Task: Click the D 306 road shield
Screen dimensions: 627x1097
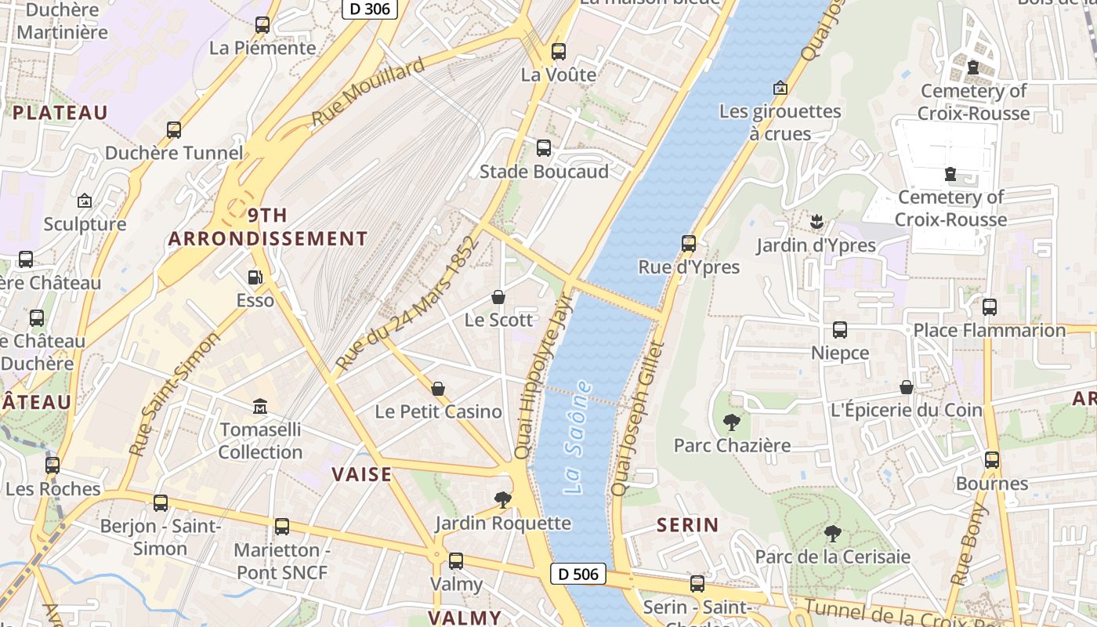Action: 370,9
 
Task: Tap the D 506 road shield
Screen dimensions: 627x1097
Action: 578,574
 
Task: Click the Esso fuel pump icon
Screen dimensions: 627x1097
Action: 255,277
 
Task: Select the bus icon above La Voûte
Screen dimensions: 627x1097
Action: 559,52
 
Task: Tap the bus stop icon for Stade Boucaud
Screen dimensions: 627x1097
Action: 543,148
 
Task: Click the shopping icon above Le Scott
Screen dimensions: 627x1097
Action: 498,297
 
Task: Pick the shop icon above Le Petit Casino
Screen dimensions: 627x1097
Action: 438,389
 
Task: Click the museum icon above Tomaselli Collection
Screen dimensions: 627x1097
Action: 260,407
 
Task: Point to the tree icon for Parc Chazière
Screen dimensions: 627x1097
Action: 732,422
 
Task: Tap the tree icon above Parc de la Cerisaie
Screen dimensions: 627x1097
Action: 832,535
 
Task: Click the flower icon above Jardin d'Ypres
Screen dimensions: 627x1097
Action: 816,222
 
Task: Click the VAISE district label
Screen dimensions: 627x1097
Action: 361,474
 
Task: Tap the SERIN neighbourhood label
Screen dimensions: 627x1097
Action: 687,524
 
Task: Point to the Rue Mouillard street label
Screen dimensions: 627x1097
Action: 367,92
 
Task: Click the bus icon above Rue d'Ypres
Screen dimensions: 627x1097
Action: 689,244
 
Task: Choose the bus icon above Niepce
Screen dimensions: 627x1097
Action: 840,330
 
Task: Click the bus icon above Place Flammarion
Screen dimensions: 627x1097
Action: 990,307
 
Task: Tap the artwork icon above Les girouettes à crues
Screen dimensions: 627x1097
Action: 780,88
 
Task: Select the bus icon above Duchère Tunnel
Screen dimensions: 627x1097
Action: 174,130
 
